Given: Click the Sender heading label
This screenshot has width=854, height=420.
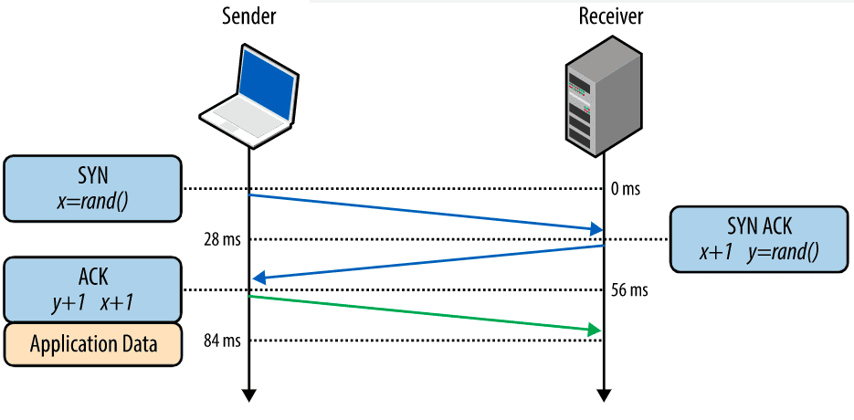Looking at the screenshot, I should tap(248, 16).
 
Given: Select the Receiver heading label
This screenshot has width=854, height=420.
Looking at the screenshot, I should tap(611, 16).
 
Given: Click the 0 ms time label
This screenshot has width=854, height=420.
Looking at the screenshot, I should tap(626, 190).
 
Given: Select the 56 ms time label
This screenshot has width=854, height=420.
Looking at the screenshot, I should tap(629, 290).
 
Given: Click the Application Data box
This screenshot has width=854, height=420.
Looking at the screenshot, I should tap(92, 344).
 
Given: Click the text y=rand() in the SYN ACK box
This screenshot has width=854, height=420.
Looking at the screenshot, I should tap(784, 253).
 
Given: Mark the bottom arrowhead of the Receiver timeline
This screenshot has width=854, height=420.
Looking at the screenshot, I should tap(604, 394).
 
